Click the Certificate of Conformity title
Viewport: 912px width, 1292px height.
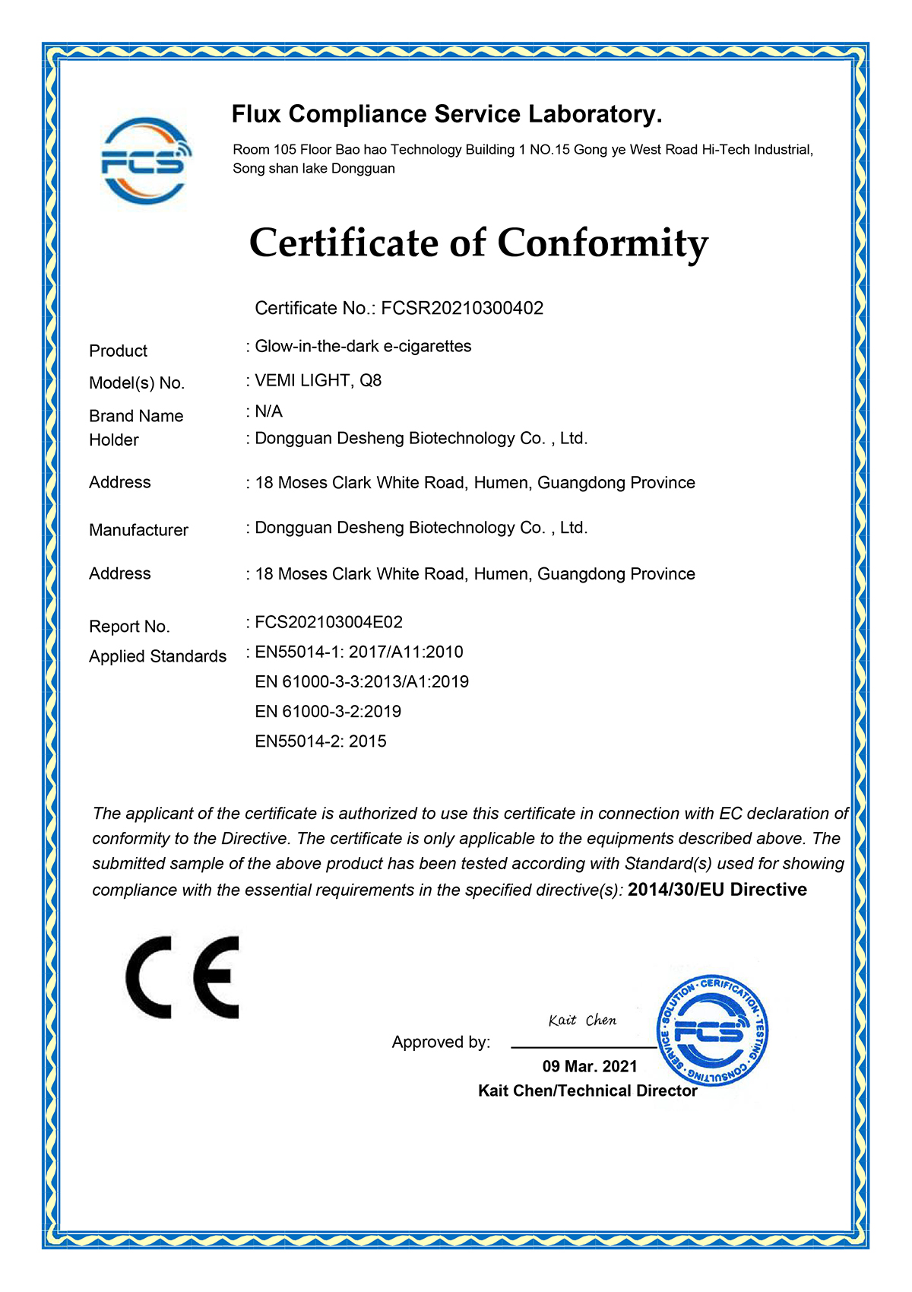click(x=479, y=243)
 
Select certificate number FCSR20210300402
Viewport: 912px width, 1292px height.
click(x=462, y=308)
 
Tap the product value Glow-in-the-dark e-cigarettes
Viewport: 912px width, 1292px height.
click(x=363, y=346)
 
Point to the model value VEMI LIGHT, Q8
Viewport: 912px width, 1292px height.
click(x=318, y=380)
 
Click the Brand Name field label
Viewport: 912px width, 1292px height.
click(x=136, y=416)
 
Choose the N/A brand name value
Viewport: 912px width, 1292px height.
click(x=268, y=411)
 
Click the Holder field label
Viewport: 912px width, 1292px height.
click(x=114, y=440)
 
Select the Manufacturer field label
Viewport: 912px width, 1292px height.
click(x=138, y=530)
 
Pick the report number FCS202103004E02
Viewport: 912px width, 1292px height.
click(x=328, y=622)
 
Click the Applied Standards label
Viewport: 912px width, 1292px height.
click(x=157, y=656)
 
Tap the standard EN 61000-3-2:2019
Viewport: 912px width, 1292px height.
click(x=328, y=711)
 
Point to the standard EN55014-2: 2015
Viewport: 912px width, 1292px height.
click(x=320, y=741)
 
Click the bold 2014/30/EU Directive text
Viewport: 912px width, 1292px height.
click(x=717, y=890)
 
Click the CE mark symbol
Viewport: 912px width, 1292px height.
click(x=182, y=977)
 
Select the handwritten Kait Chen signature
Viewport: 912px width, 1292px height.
click(x=582, y=1021)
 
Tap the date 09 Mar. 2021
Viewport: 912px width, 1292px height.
click(x=590, y=1066)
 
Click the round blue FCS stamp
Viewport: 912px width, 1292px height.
click(x=711, y=1031)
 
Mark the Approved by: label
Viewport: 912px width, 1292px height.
click(x=441, y=1042)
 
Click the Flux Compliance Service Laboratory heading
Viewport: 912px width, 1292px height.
click(x=447, y=115)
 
